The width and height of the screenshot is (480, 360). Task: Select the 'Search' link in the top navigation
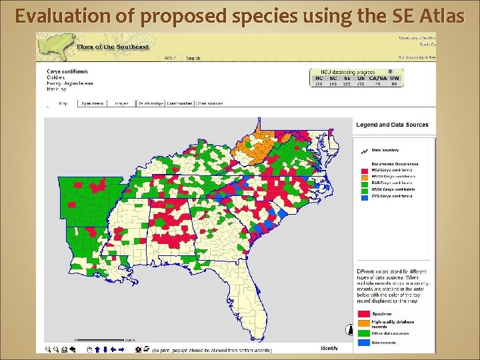tap(193, 58)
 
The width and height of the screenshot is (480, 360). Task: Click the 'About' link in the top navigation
tap(171, 58)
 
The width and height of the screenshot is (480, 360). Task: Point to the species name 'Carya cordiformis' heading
tap(67, 71)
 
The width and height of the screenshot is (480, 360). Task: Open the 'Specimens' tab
tap(93, 103)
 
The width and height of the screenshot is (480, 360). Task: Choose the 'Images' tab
tap(121, 103)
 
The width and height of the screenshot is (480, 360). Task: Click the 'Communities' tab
tap(180, 103)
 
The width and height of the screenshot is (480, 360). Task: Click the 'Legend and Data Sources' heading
tap(392, 125)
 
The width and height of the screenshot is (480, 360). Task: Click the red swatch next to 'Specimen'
tap(364, 313)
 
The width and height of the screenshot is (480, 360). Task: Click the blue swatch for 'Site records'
tap(364, 341)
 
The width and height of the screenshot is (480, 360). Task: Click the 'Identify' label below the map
tap(329, 348)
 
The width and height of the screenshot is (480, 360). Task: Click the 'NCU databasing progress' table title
tap(348, 72)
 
